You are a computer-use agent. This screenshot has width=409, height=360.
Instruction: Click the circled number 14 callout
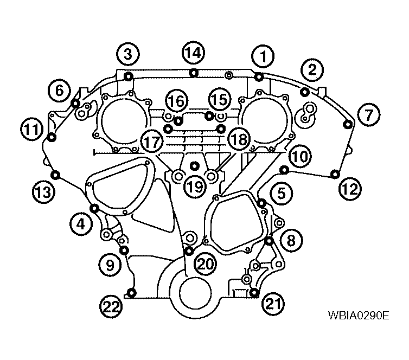(193, 53)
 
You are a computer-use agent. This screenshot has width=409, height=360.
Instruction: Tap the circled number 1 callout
(263, 56)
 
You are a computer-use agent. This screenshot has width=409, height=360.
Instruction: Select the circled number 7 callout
(368, 115)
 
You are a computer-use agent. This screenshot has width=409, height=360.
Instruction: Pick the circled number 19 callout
(195, 187)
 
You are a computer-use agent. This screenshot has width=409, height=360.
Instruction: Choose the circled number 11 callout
(32, 129)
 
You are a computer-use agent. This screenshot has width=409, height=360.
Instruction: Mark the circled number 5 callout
(282, 194)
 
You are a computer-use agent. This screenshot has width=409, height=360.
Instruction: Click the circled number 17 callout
(152, 142)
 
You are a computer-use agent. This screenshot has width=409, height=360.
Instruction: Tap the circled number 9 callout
(110, 265)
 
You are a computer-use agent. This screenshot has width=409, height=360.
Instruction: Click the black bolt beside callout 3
(129, 76)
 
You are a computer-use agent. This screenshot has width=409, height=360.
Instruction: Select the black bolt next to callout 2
(304, 92)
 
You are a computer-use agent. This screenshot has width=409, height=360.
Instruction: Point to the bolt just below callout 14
(194, 73)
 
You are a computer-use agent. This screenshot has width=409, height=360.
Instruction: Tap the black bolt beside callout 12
(335, 174)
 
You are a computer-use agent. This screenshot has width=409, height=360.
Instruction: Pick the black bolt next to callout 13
(55, 175)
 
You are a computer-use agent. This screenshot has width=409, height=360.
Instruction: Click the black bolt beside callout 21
(254, 292)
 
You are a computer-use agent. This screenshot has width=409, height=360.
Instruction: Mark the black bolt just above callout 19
(194, 165)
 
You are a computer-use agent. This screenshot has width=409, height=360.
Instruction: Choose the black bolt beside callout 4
(94, 208)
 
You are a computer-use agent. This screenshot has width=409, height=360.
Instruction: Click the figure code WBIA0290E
(359, 316)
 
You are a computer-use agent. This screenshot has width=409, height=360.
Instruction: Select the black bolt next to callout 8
(269, 241)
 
